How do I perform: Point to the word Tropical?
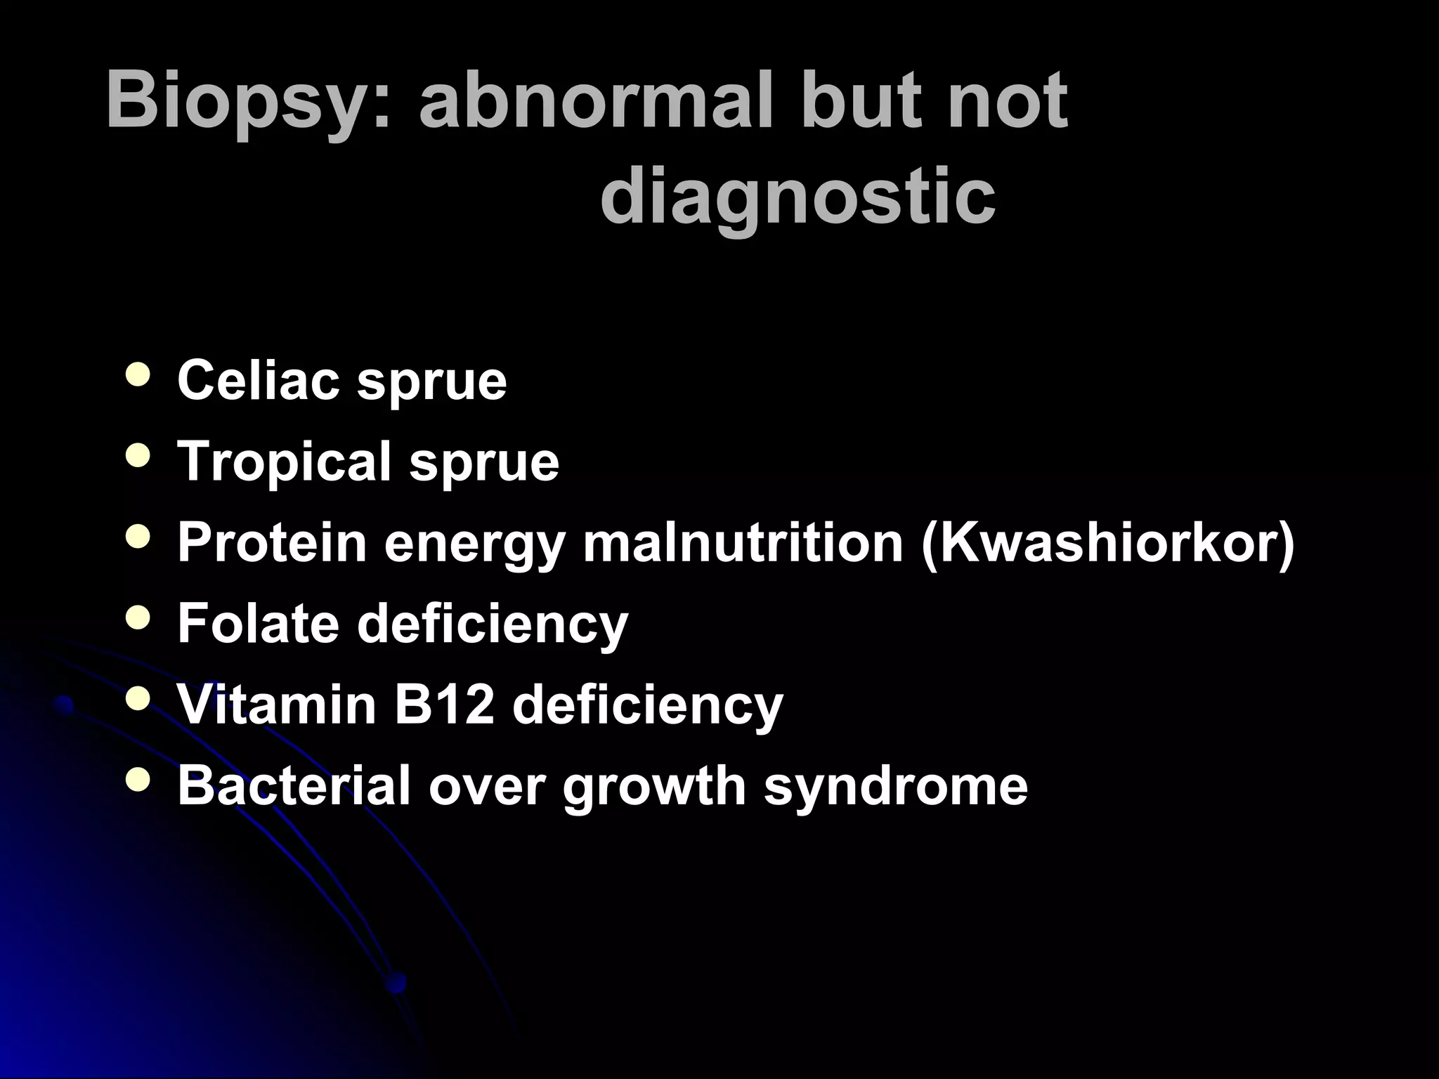point(284,463)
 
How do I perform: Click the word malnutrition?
point(742,544)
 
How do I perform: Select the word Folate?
point(258,623)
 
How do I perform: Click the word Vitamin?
point(277,704)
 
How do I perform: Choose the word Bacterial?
point(294,785)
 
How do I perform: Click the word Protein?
point(272,542)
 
